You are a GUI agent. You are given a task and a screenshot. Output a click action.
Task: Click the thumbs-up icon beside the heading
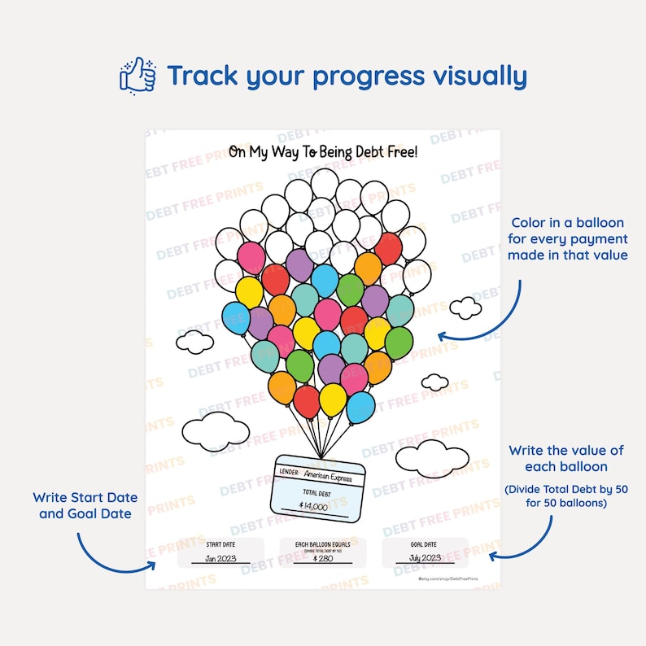137,76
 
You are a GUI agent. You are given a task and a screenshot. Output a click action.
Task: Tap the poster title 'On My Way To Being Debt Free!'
322,152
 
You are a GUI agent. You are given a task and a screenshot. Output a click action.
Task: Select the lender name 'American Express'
328,478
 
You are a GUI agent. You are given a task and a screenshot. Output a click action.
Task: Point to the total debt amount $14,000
313,505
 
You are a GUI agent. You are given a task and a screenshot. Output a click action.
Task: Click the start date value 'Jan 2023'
220,558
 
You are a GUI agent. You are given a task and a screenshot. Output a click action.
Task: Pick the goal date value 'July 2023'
424,558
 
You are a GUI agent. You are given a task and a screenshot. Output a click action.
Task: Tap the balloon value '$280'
322,559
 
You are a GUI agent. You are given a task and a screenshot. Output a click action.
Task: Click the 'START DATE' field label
220,543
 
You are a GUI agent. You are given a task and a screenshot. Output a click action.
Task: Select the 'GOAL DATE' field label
424,543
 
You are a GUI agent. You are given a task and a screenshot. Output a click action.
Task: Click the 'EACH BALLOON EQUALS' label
322,543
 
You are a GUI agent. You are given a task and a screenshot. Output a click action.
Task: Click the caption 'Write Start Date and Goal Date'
85,505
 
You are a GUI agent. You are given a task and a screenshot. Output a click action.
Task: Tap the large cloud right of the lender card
432,457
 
